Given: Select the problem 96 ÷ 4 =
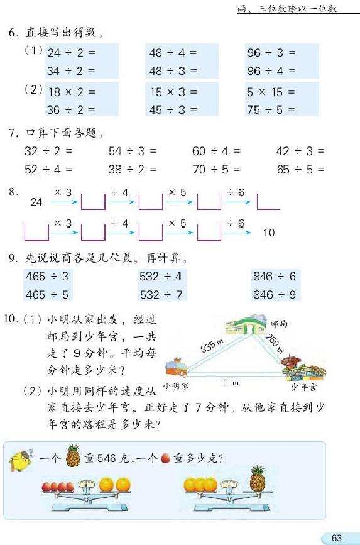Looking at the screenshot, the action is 271,71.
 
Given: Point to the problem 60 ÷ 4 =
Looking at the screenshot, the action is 216,151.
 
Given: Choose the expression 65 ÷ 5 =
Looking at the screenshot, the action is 300,169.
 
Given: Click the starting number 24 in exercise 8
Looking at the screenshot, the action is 37,202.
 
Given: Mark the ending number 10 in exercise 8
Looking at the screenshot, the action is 269,233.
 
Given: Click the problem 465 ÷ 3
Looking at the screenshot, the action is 46,276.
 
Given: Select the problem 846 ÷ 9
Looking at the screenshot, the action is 274,294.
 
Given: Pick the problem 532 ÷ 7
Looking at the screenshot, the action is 160,294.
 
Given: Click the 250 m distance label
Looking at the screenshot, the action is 274,343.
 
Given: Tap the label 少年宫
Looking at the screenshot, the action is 303,387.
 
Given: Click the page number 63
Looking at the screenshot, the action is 336,537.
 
